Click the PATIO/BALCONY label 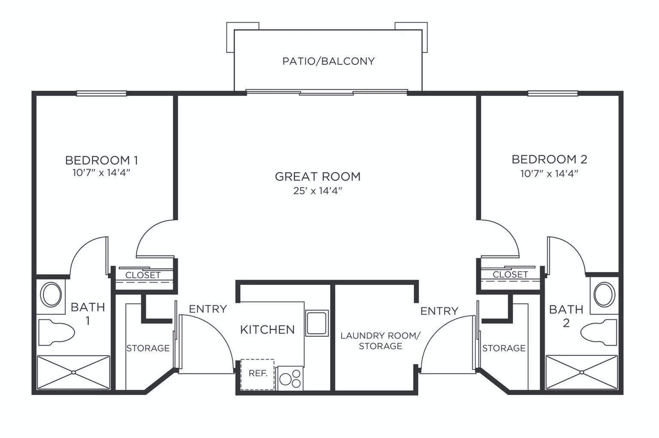point(328,61)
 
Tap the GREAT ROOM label point(318,176)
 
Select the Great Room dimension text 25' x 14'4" point(318,191)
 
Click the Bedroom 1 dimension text point(101,173)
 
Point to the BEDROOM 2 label point(549,159)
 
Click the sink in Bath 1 point(51,294)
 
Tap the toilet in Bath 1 point(57,332)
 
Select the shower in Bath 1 point(73,372)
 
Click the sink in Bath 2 point(604,294)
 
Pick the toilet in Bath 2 point(599,332)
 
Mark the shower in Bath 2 point(582,372)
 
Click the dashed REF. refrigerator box point(257,374)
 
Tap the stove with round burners point(290,378)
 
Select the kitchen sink point(317,323)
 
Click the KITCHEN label point(267,330)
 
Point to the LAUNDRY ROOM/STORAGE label point(381,341)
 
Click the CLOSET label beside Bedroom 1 point(143,275)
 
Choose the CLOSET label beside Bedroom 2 point(510,275)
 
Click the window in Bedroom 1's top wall point(102,93)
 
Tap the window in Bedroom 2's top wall point(553,93)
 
